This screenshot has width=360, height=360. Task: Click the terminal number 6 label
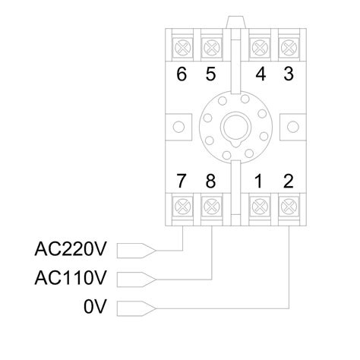click(181, 75)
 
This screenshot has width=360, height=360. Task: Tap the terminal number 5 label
click(210, 75)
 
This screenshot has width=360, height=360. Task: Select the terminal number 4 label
click(260, 75)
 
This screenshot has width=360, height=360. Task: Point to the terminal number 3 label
click(288, 75)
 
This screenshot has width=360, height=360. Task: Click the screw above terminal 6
click(182, 46)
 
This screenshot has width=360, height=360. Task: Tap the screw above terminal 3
click(289, 46)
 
